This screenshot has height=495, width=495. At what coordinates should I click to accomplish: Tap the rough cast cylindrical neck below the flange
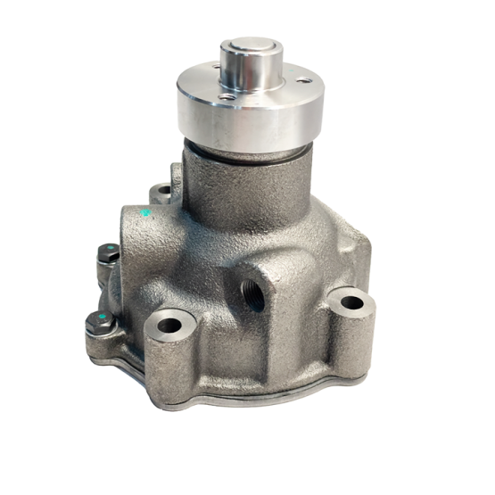(x=241, y=183)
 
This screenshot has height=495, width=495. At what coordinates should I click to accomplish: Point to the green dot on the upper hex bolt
(x=104, y=249)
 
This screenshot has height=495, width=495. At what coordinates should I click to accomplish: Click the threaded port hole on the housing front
(x=253, y=294)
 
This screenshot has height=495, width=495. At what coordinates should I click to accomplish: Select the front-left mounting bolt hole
(x=168, y=324)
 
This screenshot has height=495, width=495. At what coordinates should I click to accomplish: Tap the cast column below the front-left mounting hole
(x=169, y=366)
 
